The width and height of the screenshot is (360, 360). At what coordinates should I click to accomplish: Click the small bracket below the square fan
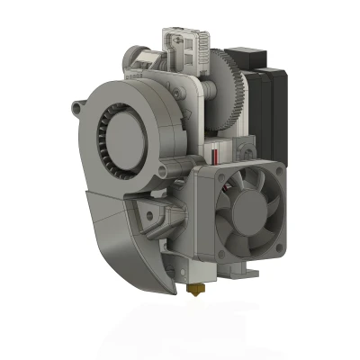coord(245,269)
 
